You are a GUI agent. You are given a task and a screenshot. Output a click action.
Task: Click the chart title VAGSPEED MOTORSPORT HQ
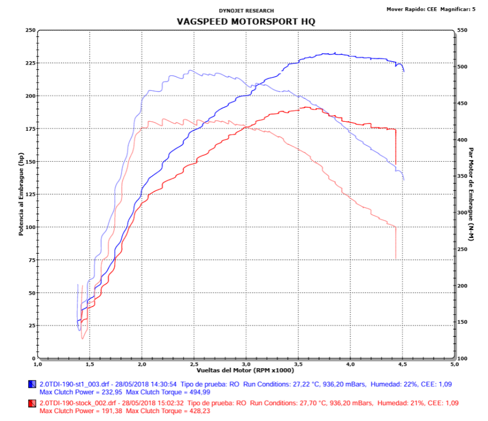[x=246, y=21]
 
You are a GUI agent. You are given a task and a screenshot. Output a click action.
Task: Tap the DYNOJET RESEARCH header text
[x=246, y=10]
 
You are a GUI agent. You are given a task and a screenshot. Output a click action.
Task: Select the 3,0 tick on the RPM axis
[x=246, y=364]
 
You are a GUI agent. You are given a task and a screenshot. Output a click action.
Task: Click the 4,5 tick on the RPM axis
[x=402, y=364]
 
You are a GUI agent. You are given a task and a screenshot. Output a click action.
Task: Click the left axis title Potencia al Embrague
[x=21, y=194]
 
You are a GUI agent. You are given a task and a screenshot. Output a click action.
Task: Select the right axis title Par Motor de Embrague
[x=471, y=194]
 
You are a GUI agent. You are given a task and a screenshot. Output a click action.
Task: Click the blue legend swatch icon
[x=32, y=384]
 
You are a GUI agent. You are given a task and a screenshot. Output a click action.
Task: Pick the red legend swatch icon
[x=32, y=404]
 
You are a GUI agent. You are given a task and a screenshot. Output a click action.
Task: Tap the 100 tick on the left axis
[x=30, y=227]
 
